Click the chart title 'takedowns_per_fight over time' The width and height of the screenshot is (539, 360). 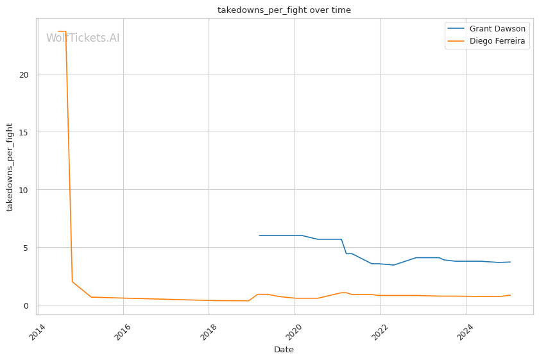(x=284, y=10)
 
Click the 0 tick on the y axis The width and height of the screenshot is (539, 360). (x=27, y=305)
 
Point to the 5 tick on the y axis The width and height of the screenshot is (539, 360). (x=27, y=248)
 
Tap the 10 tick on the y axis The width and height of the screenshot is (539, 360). (x=25, y=190)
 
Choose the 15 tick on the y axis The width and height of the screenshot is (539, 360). (x=25, y=132)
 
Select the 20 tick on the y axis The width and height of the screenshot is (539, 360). (x=25, y=74)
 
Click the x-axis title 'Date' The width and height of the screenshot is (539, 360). (x=284, y=350)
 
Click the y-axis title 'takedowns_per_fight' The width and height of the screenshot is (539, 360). (x=10, y=167)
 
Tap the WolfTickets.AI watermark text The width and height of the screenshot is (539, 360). (x=83, y=39)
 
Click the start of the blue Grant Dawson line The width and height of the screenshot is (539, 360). (x=259, y=236)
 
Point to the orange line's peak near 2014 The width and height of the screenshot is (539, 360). (x=62, y=31)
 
